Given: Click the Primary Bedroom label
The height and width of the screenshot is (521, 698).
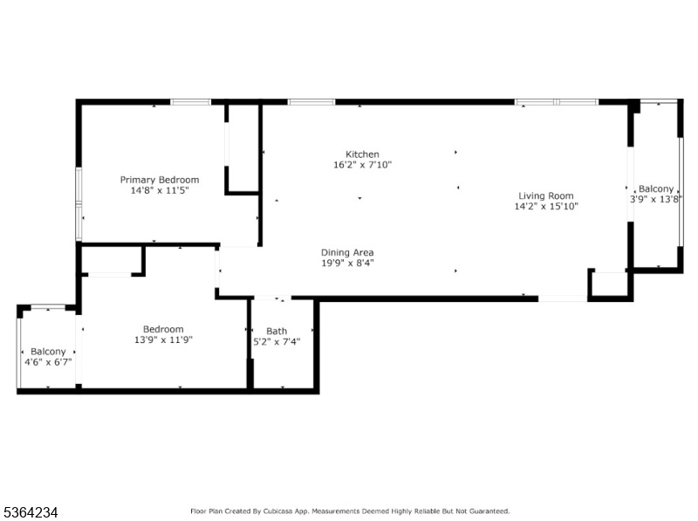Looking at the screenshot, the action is (160, 180).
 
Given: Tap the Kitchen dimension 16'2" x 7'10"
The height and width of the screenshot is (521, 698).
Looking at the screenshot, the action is (362, 165).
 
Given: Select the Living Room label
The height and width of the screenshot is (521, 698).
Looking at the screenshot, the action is (546, 196).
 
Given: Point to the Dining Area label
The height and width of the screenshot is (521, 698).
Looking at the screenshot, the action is (347, 252).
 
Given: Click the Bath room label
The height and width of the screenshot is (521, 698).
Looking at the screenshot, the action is (277, 332).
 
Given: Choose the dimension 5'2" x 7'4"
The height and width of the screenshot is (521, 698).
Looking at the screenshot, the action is (277, 342).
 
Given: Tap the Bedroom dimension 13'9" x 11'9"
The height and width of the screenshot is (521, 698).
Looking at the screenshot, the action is (163, 339).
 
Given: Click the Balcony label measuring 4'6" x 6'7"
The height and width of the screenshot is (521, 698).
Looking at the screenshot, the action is (48, 352).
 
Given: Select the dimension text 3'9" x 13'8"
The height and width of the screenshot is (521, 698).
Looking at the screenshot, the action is (656, 199).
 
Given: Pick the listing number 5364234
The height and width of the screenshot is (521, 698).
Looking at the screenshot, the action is (31, 512).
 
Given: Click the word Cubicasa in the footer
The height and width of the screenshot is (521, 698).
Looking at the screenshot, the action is (277, 511).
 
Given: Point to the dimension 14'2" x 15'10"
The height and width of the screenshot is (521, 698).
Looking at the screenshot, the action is (546, 206).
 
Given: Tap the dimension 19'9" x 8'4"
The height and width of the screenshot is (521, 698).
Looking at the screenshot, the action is (347, 263).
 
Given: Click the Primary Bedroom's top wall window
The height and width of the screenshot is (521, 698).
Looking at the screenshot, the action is (190, 102).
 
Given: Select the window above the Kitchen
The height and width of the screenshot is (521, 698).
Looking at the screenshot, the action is (311, 102).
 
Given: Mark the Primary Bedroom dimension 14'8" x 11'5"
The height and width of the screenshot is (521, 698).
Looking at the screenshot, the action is (160, 190).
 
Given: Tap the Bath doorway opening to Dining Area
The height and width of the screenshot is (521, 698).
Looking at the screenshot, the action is (272, 298).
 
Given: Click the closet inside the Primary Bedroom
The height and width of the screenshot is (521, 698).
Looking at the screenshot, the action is (243, 148).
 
